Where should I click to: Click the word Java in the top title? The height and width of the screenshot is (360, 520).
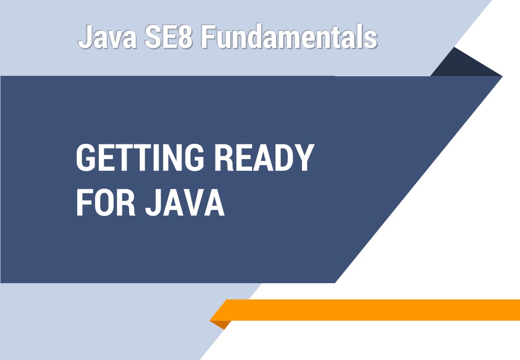pyautogui.click(x=108, y=36)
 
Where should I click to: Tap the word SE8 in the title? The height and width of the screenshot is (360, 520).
pyautogui.click(x=168, y=36)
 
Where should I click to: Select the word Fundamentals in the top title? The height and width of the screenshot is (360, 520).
pyautogui.click(x=289, y=36)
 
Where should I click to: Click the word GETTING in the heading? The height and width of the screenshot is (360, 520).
pyautogui.click(x=140, y=158)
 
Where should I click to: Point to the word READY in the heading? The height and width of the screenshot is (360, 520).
pyautogui.click(x=264, y=158)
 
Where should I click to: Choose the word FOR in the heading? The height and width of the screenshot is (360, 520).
pyautogui.click(x=106, y=202)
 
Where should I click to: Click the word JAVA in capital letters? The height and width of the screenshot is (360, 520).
pyautogui.click(x=185, y=202)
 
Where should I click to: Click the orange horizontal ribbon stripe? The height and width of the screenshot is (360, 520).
pyautogui.click(x=365, y=310)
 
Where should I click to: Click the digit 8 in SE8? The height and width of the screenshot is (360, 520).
pyautogui.click(x=185, y=36)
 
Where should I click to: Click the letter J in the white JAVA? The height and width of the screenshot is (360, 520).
pyautogui.click(x=154, y=203)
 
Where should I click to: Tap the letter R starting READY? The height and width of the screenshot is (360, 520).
pyautogui.click(x=224, y=158)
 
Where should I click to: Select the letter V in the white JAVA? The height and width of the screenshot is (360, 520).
pyautogui.click(x=193, y=203)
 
